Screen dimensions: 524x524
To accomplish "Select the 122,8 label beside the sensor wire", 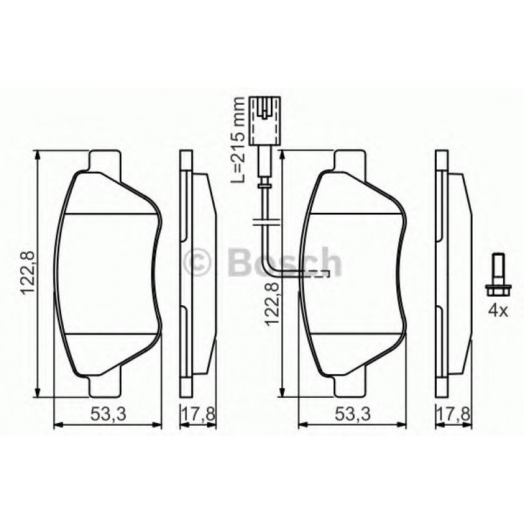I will coord(273,301).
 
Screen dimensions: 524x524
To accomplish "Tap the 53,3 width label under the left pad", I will coord(106,413).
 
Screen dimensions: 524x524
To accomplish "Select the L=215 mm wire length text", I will coord(240,138).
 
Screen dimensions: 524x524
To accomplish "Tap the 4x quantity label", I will coord(498,311).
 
